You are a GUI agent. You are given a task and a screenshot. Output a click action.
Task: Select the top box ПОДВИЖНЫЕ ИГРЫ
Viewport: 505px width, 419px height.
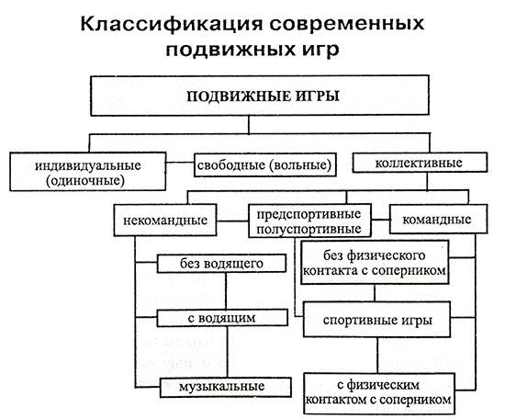tap(260, 96)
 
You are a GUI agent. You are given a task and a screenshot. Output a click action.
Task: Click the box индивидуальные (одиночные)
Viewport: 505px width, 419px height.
tap(88, 172)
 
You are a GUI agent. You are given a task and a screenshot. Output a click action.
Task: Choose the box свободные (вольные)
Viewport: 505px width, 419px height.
tap(265, 164)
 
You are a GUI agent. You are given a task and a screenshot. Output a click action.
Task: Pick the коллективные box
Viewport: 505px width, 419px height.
tap(420, 163)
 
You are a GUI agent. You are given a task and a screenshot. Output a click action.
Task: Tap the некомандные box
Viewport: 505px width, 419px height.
tap(165, 221)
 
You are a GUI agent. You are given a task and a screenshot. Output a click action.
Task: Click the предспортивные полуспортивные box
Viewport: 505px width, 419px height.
tap(309, 221)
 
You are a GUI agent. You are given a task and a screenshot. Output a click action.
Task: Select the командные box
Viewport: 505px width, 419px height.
tap(438, 220)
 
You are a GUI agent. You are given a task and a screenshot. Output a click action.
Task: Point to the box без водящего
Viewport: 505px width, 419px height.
tap(221, 264)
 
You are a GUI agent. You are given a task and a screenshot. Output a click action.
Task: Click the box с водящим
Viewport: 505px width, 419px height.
tap(222, 318)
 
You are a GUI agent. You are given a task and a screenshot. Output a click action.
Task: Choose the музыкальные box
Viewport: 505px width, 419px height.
tap(226, 387)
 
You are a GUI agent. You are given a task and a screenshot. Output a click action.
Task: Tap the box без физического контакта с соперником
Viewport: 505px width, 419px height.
tap(375, 263)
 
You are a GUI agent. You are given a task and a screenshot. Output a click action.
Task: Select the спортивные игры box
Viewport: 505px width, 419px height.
tap(376, 320)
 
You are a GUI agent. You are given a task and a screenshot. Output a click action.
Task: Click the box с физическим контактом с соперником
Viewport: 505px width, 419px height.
tap(379, 393)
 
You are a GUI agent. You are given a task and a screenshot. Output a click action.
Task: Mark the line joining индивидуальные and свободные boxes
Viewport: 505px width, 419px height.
tap(180, 162)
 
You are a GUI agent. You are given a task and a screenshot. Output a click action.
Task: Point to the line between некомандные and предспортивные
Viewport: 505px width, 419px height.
tap(232, 221)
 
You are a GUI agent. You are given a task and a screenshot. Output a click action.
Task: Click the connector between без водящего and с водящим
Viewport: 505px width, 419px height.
tap(226, 290)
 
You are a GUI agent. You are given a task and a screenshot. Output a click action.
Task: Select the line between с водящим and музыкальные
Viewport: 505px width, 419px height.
tap(228, 352)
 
